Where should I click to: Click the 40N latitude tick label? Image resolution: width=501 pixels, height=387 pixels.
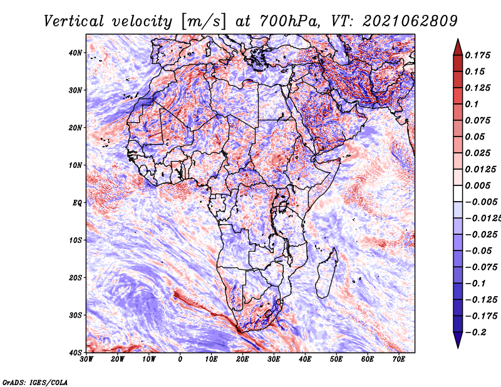(x=75, y=53)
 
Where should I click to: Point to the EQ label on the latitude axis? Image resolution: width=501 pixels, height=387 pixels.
(x=77, y=203)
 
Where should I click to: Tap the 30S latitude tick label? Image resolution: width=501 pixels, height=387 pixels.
(x=75, y=315)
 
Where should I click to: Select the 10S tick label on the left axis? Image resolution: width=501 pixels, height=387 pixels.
(x=75, y=240)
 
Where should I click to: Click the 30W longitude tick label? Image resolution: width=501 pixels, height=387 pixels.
(x=86, y=359)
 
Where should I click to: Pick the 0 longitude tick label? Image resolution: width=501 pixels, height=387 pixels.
(x=180, y=359)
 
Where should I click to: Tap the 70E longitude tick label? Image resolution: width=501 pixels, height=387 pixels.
(x=399, y=359)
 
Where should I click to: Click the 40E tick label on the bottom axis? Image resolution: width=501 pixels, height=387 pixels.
(x=305, y=359)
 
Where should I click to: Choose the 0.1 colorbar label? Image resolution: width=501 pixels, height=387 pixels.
(x=472, y=104)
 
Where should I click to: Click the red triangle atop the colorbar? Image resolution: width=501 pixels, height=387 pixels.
(x=458, y=48)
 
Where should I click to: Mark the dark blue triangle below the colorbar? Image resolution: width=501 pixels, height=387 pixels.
(x=458, y=340)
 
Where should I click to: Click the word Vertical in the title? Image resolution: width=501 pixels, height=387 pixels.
(x=74, y=21)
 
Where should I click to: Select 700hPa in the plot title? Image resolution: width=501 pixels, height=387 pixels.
(x=289, y=21)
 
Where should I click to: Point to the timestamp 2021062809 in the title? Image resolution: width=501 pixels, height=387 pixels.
(x=410, y=21)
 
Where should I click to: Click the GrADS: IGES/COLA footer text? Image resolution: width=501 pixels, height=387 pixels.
(x=35, y=382)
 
